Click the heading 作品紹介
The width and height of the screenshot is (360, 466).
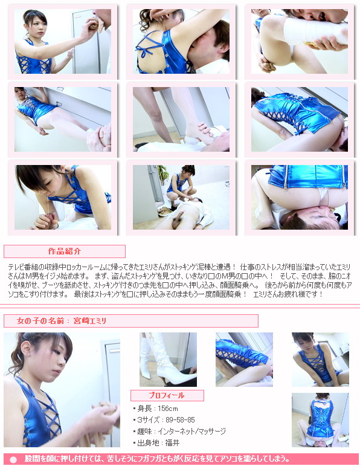click(x=65, y=251)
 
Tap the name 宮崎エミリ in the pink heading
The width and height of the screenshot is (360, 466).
click(x=90, y=321)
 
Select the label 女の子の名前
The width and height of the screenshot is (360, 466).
click(x=40, y=321)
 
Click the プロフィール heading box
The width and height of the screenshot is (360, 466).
click(x=167, y=395)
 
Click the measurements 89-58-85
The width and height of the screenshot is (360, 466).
click(x=180, y=419)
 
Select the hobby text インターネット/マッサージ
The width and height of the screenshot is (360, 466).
click(x=191, y=431)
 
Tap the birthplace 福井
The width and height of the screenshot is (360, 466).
click(x=172, y=443)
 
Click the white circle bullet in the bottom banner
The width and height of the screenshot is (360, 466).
click(x=13, y=459)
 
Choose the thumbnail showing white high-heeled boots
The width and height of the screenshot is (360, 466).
click(x=168, y=359)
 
